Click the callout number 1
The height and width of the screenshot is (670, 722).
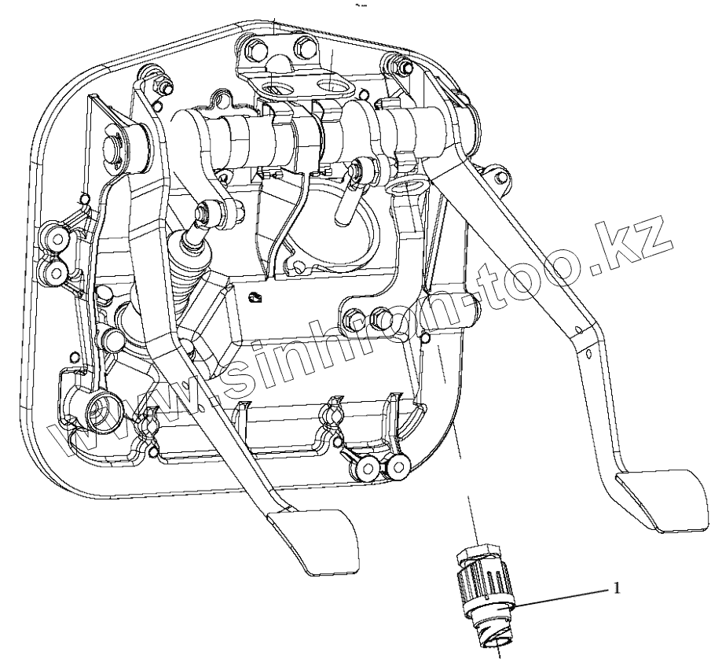[x=618, y=587]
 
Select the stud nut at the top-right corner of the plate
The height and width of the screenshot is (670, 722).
[x=388, y=61]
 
